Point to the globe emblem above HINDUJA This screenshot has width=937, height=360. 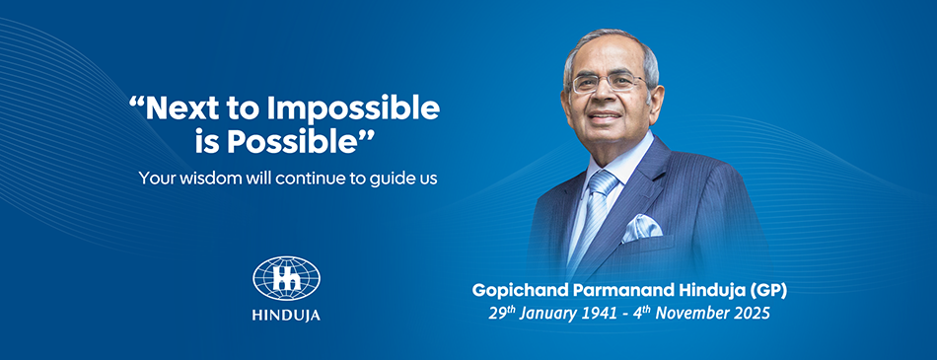[286, 278]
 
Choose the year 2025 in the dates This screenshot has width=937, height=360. [752, 314]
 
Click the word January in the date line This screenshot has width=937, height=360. [548, 314]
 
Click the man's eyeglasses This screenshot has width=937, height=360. [609, 83]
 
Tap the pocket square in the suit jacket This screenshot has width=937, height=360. [642, 228]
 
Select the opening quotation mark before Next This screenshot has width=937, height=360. [137, 102]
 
